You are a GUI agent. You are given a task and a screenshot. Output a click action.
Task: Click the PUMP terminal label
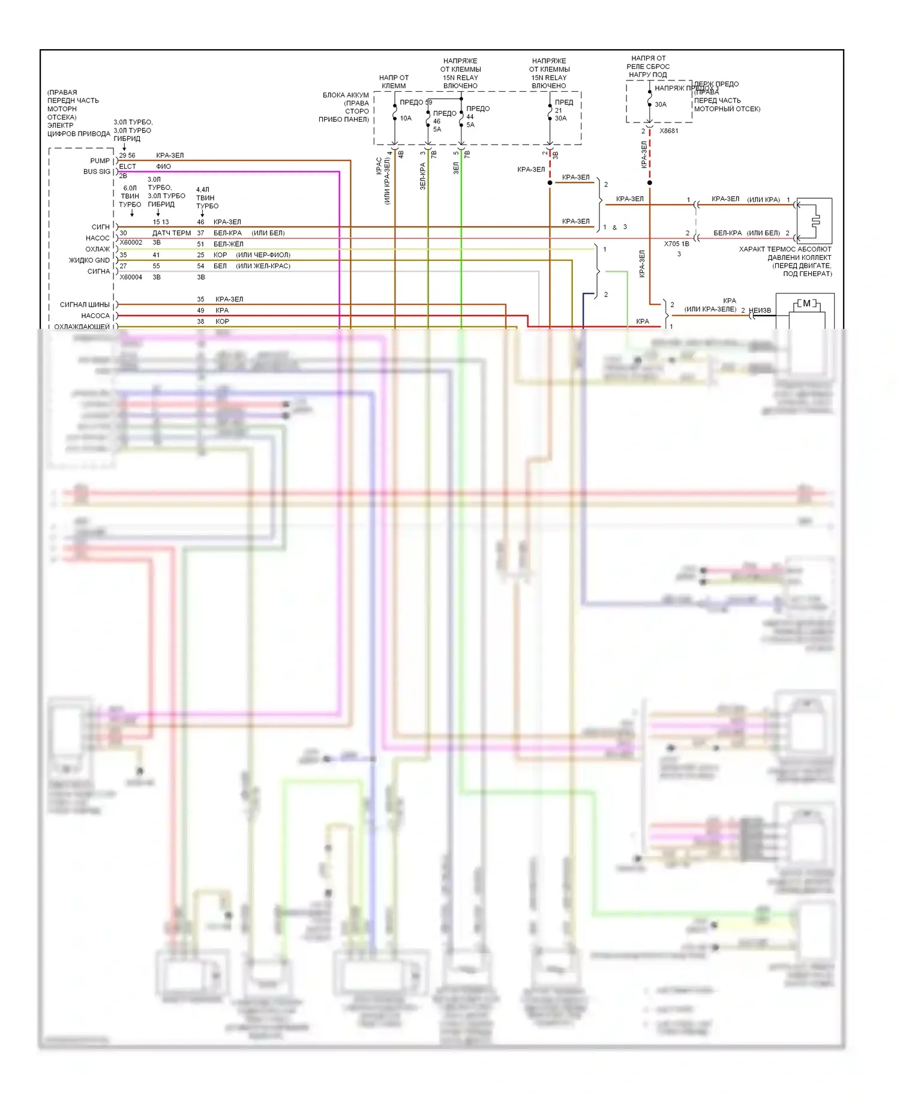[100, 161]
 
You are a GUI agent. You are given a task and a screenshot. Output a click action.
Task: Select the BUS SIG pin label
[97, 172]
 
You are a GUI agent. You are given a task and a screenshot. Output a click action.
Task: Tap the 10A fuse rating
[406, 118]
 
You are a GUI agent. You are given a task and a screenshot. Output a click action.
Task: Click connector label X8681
[669, 131]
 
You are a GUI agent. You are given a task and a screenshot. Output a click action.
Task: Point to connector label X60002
[131, 242]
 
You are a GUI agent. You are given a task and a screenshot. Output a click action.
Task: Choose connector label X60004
[131, 277]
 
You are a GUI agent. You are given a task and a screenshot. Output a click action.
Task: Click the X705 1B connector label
[676, 244]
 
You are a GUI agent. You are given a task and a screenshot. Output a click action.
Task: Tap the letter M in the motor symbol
[807, 304]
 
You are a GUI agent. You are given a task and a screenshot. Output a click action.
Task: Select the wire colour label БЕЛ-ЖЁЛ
[228, 244]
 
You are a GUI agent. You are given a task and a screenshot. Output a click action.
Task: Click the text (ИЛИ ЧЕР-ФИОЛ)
[263, 255]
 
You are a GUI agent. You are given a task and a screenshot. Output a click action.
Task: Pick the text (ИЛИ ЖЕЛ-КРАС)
[263, 266]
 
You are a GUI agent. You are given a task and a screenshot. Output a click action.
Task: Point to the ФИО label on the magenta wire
[163, 166]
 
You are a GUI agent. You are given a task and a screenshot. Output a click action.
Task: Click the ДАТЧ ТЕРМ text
[172, 233]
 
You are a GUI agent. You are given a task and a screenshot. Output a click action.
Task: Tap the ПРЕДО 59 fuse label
[416, 102]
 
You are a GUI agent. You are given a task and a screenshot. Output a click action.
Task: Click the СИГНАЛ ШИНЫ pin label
[85, 305]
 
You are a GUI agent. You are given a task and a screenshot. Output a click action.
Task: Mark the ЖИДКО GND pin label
[89, 260]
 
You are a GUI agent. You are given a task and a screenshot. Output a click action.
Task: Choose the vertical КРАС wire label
[379, 166]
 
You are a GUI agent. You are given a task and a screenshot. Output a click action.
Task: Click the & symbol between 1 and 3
[614, 227]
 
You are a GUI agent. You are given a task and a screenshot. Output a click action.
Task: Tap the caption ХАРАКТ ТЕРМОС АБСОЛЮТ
[785, 249]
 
